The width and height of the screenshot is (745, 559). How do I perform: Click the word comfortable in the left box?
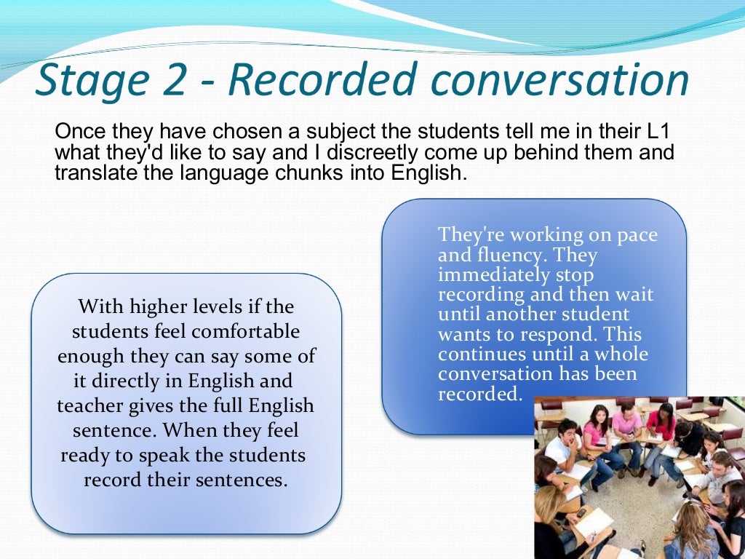point(249,331)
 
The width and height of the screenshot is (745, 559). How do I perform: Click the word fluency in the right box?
point(502,255)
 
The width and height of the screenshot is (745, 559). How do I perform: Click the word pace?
point(637,235)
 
